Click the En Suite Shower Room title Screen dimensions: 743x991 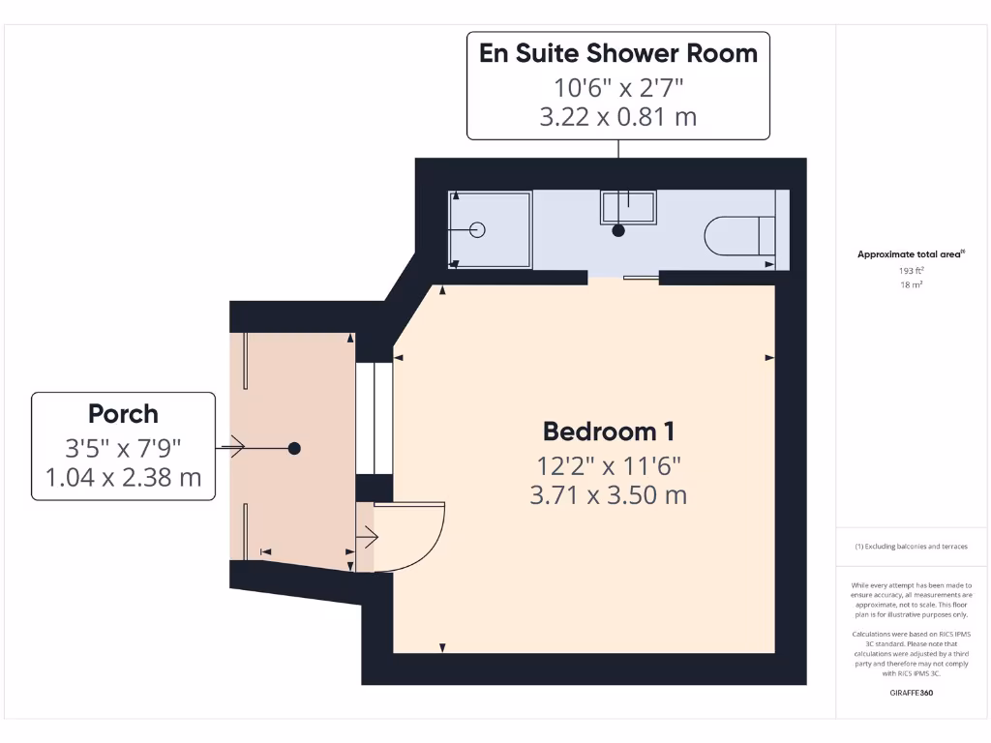[x=618, y=53]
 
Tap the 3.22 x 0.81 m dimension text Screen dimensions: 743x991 [x=618, y=117]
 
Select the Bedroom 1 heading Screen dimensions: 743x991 [x=608, y=431]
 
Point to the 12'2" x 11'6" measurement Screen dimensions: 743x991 [x=608, y=465]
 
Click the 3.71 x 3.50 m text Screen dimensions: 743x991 [x=608, y=495]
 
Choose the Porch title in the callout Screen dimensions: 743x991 [x=123, y=414]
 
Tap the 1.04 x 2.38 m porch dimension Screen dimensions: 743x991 [x=123, y=477]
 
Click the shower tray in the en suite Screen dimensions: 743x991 [x=491, y=229]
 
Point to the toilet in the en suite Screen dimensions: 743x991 [x=739, y=235]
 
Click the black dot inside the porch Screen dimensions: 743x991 [x=294, y=448]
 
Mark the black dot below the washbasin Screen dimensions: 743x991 [x=618, y=230]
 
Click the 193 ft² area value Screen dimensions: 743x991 [x=910, y=272]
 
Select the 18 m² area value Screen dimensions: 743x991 [x=910, y=285]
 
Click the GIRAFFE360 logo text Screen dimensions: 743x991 [x=910, y=693]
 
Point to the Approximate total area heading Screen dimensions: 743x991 [x=910, y=254]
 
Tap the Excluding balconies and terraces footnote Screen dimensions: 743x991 [x=910, y=547]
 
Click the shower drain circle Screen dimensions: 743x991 [x=476, y=229]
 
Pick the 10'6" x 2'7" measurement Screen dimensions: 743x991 [x=618, y=87]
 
